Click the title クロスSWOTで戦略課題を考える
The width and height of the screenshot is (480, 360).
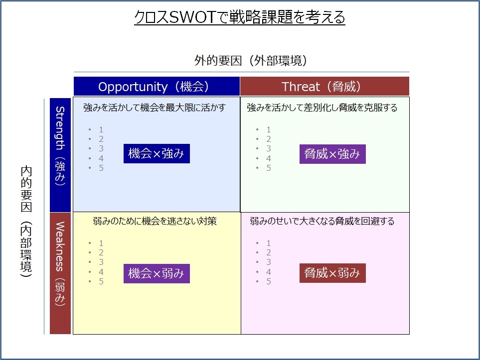[x=240, y=17]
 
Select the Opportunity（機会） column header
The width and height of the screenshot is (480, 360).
[x=157, y=87]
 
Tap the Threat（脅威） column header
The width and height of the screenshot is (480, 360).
[x=325, y=87]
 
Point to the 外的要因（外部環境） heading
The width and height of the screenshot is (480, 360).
[x=251, y=61]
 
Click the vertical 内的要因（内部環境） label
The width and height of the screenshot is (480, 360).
[x=26, y=222]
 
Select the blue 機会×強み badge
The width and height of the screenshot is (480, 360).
[x=157, y=153]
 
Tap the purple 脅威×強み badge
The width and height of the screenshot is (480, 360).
[x=332, y=154]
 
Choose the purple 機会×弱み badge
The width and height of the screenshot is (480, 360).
[x=157, y=273]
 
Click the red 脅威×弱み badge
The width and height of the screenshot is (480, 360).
[x=332, y=273]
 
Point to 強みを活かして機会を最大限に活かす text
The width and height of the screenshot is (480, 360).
[x=155, y=108]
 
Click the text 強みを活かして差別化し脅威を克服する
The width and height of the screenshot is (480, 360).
[x=322, y=108]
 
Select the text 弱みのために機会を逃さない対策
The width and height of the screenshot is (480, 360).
[x=155, y=221]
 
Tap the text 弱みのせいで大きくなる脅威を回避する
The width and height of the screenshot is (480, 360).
[x=322, y=221]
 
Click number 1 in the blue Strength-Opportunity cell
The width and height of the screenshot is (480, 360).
[x=101, y=129]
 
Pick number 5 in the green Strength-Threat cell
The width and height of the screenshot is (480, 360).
[x=269, y=168]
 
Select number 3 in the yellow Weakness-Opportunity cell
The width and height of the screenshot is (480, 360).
[x=101, y=262]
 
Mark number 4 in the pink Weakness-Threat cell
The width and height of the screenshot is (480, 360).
[x=269, y=272]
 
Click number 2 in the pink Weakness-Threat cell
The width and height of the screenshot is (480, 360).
[x=269, y=252]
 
